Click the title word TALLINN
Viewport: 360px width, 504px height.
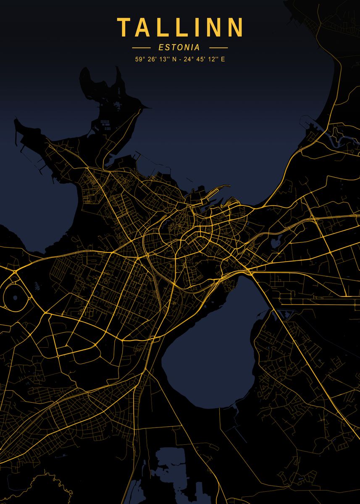(x=180, y=27)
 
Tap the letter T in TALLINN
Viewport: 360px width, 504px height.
(x=124, y=27)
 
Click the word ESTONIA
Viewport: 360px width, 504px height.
(x=180, y=48)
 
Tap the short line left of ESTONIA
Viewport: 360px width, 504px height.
(x=141, y=48)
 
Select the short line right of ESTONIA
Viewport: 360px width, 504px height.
(x=218, y=48)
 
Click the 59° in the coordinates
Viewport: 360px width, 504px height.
(x=139, y=59)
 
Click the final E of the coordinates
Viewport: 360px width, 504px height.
(x=223, y=59)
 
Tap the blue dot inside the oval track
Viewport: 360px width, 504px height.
(x=15, y=297)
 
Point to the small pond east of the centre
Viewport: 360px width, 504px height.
(x=276, y=242)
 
